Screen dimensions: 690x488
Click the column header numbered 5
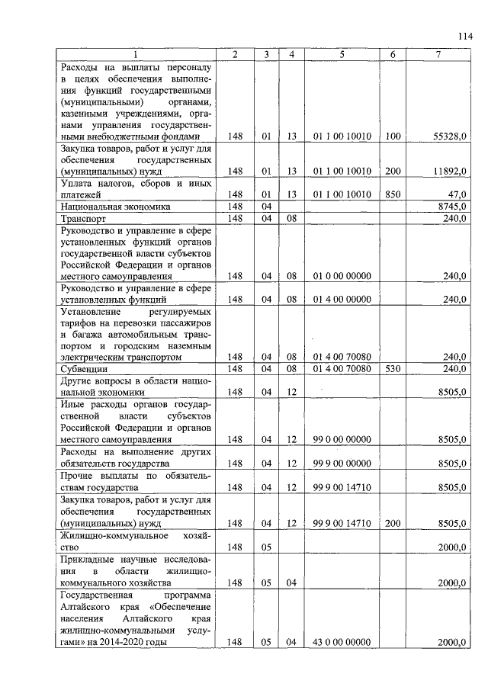click(342, 55)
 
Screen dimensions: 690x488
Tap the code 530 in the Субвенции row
click(393, 368)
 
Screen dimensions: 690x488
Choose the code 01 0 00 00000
click(342, 275)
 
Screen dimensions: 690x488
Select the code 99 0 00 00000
click(342, 439)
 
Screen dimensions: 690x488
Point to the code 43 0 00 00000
click(342, 642)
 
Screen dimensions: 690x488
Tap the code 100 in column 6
click(393, 136)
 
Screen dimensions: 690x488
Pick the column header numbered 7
click(438, 55)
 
